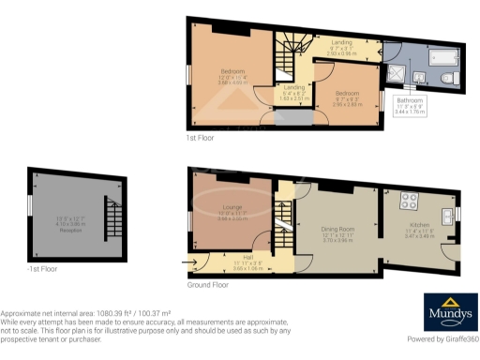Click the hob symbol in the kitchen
pyautogui.click(x=410, y=200)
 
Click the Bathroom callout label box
pyautogui.click(x=411, y=104)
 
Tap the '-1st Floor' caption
pyautogui.click(x=42, y=268)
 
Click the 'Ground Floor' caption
pyautogui.click(x=208, y=284)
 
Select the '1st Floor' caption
pyautogui.click(x=200, y=137)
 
